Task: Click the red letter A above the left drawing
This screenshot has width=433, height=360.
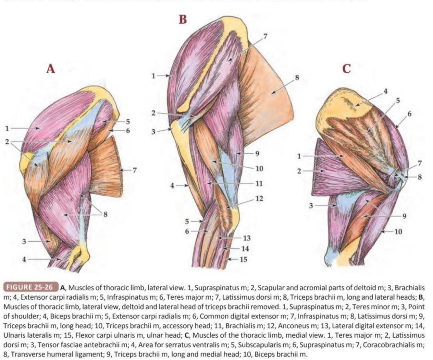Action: [x=51, y=68]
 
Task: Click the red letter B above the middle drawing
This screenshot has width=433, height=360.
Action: [x=183, y=19]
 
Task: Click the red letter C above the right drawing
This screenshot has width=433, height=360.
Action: [x=346, y=68]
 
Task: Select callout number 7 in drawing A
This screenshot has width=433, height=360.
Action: [x=134, y=169]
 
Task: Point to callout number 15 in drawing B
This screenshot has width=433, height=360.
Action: [x=243, y=259]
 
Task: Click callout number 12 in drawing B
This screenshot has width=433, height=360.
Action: [x=259, y=198]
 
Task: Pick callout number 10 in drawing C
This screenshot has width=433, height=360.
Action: [x=398, y=232]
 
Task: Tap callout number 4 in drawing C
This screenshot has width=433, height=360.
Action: [x=385, y=91]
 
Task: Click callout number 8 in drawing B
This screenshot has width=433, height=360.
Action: [x=296, y=78]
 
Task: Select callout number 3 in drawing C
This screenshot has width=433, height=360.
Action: [x=311, y=205]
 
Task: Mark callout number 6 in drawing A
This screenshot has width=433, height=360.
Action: [x=128, y=130]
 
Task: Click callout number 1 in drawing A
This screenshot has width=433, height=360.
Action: [x=7, y=128]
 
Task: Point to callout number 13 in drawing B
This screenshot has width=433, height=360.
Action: [x=247, y=238]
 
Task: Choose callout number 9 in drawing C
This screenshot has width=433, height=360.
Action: [x=404, y=216]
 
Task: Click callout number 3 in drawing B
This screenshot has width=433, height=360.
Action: [x=154, y=132]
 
